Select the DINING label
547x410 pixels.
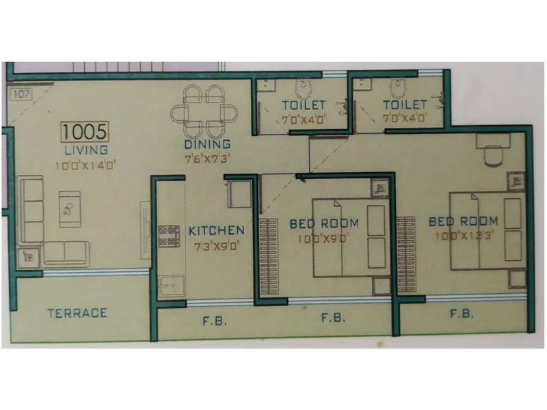[x=206, y=145]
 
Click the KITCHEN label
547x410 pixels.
[x=216, y=230]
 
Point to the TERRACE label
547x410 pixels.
[x=77, y=313]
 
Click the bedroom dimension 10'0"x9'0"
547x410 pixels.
[x=324, y=238]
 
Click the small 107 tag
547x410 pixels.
[x=21, y=94]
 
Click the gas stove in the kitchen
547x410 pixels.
[x=167, y=236]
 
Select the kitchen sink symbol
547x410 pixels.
[x=168, y=285]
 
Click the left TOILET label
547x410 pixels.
[x=303, y=105]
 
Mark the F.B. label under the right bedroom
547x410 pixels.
[x=463, y=314]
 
